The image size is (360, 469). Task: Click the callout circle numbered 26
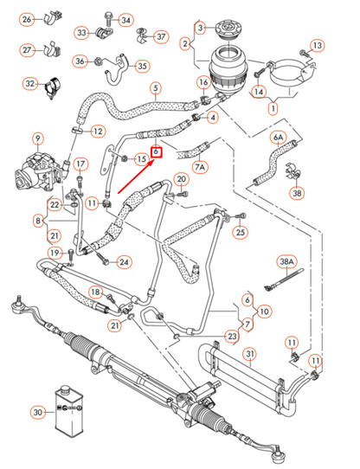tap(27, 19)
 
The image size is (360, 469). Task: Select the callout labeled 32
tap(30, 84)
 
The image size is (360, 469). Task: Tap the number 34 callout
tap(126, 19)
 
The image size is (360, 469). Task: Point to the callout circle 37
tap(161, 36)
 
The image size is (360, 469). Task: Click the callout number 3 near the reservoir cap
tap(201, 29)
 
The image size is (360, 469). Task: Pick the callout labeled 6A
tap(278, 138)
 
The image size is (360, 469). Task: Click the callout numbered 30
tap(37, 412)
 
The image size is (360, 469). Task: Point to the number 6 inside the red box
tap(156, 152)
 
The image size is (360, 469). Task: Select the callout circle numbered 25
tap(241, 231)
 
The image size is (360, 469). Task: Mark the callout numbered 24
tap(125, 261)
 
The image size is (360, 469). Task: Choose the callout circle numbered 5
tap(156, 87)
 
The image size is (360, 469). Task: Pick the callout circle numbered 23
tap(231, 337)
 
